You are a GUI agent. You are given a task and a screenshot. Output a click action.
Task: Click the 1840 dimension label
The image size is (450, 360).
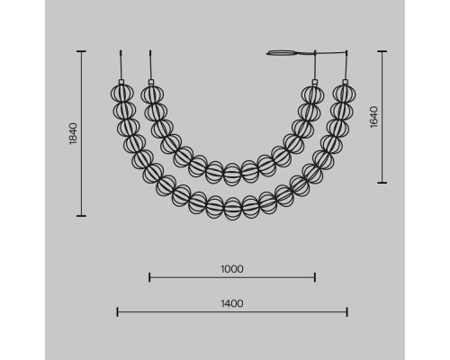(x=73, y=134)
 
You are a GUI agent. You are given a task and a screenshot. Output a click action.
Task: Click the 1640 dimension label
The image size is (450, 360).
(x=374, y=117)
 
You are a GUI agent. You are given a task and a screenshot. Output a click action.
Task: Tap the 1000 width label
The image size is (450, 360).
(x=232, y=269)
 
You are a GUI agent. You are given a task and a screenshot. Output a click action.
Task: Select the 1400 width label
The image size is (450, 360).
(x=232, y=303)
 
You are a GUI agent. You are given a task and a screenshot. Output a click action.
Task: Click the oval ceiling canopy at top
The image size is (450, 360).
(x=282, y=53)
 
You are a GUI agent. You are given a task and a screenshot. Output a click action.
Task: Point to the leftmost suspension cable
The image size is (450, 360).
(x=121, y=65)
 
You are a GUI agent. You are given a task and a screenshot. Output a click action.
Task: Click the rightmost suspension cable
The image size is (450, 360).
(x=346, y=65)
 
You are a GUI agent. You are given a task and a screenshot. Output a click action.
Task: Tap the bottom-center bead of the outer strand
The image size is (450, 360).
(x=233, y=209)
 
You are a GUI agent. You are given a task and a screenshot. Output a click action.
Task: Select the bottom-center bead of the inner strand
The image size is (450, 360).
(x=232, y=175)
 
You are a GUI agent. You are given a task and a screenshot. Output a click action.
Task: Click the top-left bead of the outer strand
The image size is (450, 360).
(x=121, y=94)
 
